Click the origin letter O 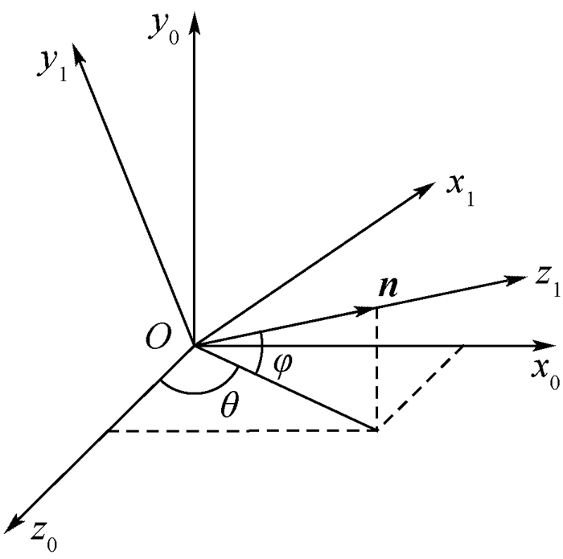[x=158, y=338]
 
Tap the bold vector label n [x=388, y=287]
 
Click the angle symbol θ [x=229, y=405]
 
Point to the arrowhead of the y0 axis [x=195, y=23]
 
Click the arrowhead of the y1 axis [x=77, y=55]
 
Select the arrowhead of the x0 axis [x=543, y=346]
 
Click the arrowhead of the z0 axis [x=14, y=523]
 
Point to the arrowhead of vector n [x=364, y=310]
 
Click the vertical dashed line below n [x=376, y=368]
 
